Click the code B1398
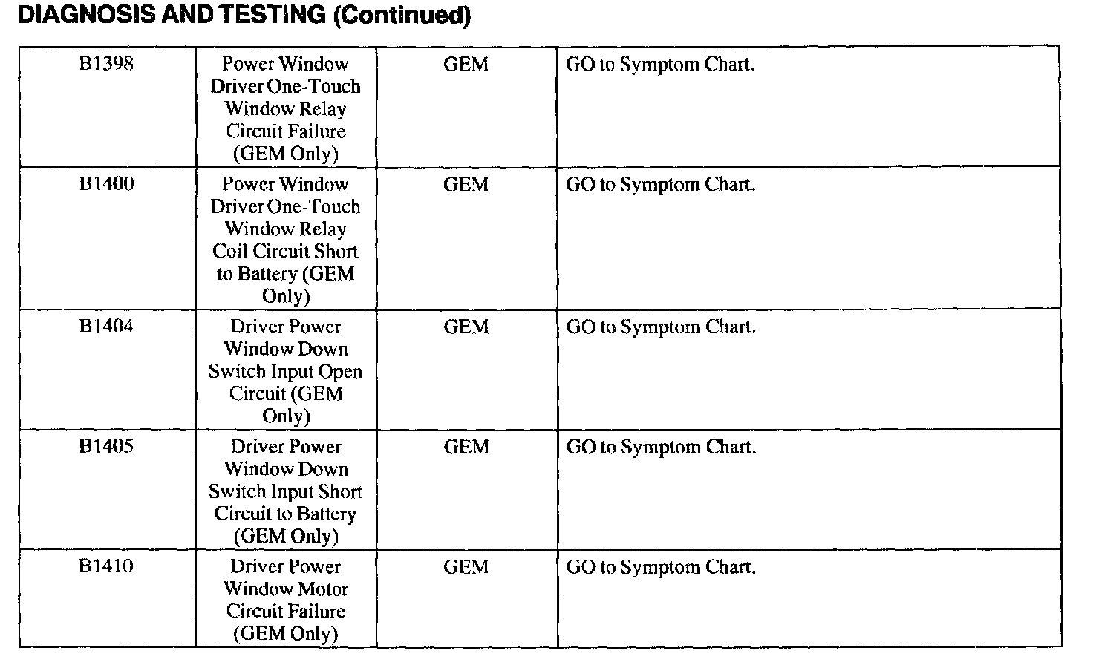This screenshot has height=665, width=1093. [106, 64]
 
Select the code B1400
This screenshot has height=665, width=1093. [106, 184]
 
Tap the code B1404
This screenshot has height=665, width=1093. [106, 327]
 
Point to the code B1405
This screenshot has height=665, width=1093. [106, 447]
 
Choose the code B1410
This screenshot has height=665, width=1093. [106, 567]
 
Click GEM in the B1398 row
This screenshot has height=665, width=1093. [466, 65]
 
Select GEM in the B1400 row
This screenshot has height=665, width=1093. [466, 185]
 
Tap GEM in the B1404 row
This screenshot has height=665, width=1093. [466, 327]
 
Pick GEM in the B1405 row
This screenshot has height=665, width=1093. [466, 448]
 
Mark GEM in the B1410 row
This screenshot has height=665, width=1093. [466, 568]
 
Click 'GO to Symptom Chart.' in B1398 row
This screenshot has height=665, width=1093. [660, 65]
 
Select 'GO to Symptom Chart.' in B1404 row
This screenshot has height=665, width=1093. [661, 327]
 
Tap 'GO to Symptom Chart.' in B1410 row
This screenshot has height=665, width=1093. [661, 568]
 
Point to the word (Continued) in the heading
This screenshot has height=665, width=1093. [402, 16]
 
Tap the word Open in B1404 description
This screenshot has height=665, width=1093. [340, 372]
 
